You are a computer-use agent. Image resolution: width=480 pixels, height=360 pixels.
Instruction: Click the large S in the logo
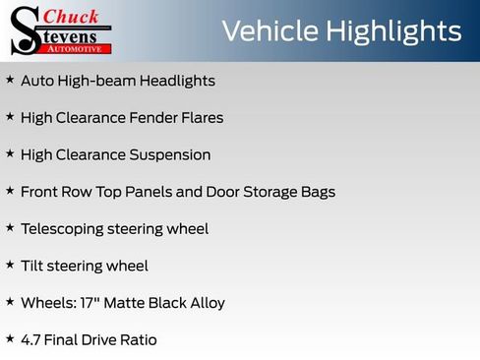(x=24, y=30)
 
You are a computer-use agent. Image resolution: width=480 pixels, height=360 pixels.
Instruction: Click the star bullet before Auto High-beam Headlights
(x=10, y=80)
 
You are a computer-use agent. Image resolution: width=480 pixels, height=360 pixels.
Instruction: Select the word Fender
(x=153, y=118)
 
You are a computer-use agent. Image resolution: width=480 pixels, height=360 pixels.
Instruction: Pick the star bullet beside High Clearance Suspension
(x=10, y=153)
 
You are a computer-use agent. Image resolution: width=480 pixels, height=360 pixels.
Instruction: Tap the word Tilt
(x=32, y=266)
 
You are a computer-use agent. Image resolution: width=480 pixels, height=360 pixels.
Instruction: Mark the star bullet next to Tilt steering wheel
(x=10, y=265)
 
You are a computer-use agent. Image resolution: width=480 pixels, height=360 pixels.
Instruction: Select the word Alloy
(x=206, y=303)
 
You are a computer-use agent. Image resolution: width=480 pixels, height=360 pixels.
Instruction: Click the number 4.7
(x=31, y=339)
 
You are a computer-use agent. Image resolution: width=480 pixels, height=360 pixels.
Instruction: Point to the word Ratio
(x=137, y=339)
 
